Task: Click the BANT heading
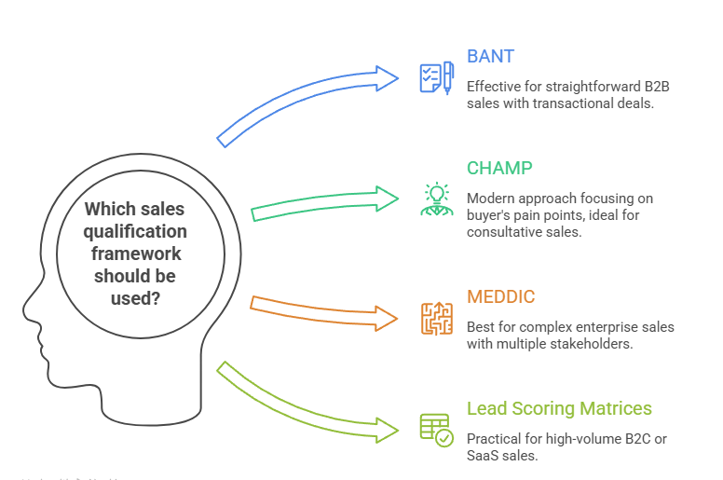(x=490, y=57)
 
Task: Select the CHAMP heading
(x=499, y=169)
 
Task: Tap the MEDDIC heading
(x=501, y=298)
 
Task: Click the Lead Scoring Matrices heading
(x=559, y=409)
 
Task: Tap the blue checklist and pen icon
(x=436, y=77)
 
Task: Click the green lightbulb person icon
(x=435, y=199)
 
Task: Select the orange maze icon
(x=436, y=318)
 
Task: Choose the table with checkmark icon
(x=436, y=429)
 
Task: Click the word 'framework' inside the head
(x=136, y=254)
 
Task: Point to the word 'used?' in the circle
(x=136, y=298)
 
